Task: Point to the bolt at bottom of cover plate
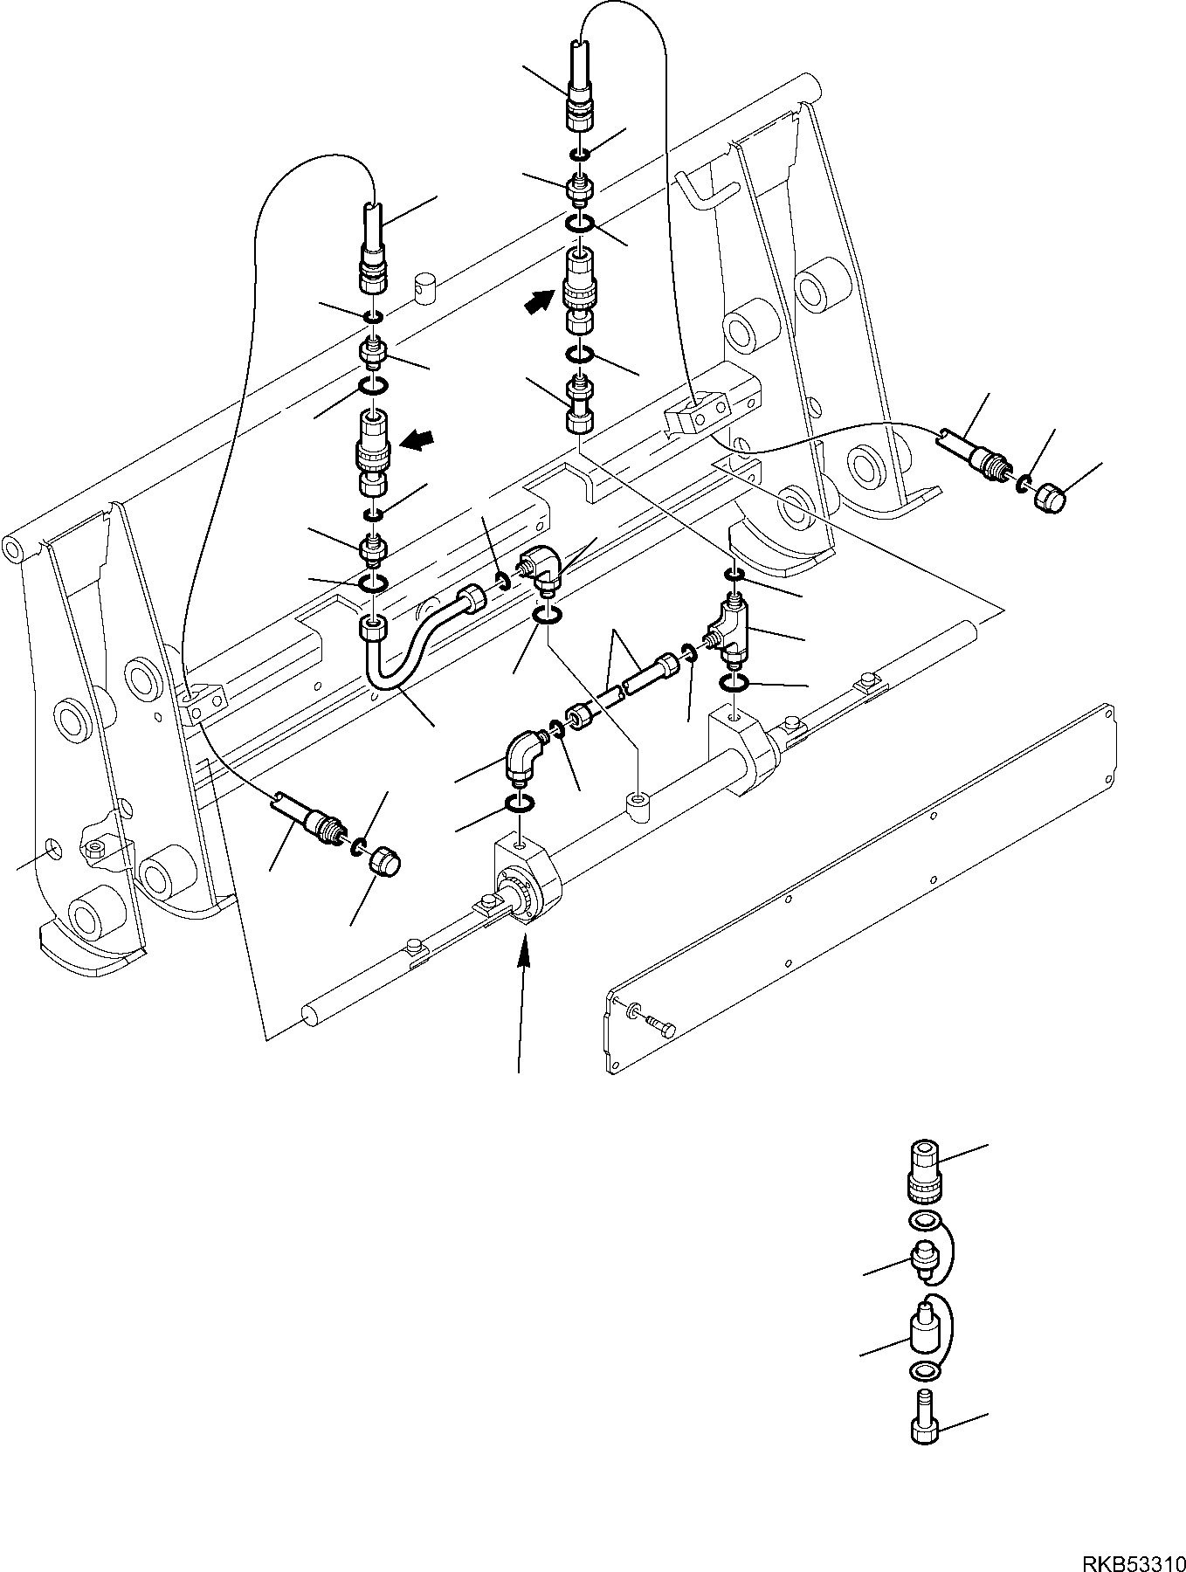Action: tap(661, 1028)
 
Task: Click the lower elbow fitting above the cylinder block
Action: tap(524, 755)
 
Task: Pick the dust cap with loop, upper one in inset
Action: tap(924, 1258)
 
